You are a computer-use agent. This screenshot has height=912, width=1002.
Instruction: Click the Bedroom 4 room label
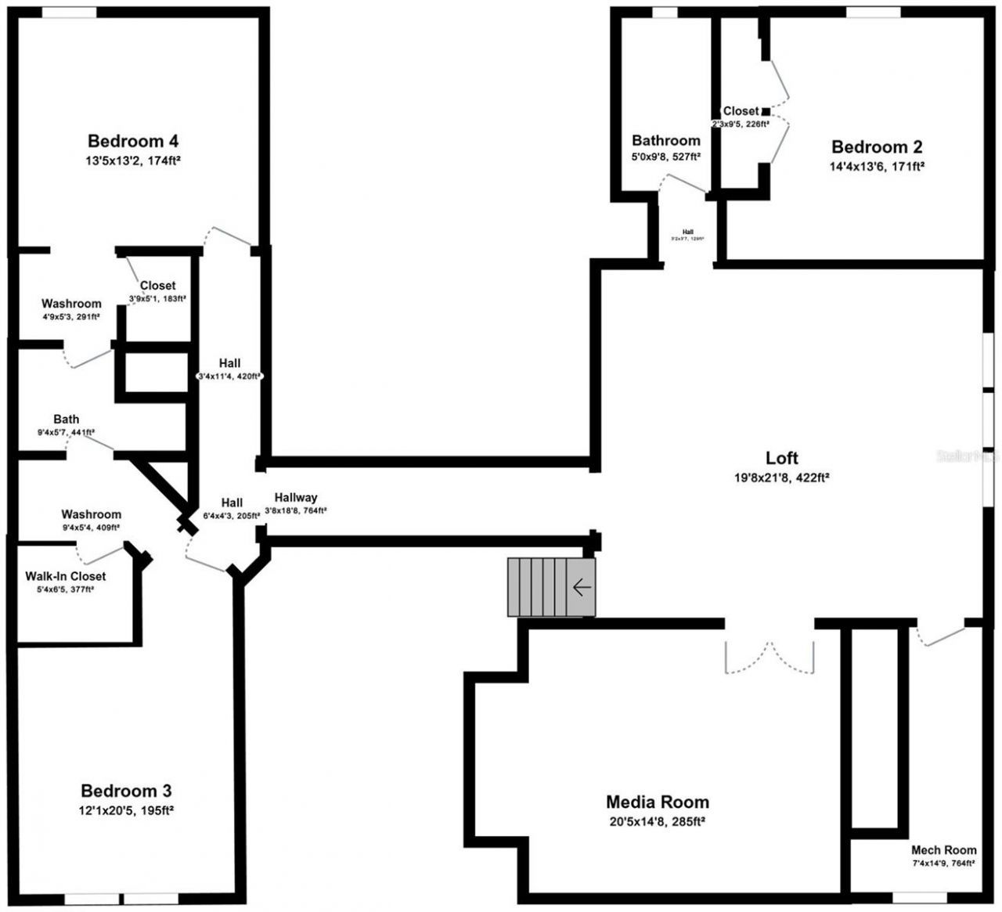point(133,142)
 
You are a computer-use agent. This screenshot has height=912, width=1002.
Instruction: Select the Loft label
point(782,458)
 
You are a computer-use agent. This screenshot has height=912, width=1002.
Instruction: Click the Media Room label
point(658,802)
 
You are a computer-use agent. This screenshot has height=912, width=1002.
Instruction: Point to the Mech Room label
point(943,850)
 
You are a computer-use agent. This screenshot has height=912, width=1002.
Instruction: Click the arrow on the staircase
point(581,587)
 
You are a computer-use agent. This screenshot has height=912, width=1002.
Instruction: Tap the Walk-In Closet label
point(65,576)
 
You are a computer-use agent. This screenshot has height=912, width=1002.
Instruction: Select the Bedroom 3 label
point(126,791)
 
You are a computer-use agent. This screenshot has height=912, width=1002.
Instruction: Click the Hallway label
point(296,498)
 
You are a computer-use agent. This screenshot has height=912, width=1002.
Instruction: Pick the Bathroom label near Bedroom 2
point(666,141)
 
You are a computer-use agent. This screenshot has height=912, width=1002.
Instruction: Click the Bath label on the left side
point(67,420)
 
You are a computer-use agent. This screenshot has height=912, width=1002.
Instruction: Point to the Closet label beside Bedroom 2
point(741,111)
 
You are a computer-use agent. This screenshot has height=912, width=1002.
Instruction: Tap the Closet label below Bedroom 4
point(157,286)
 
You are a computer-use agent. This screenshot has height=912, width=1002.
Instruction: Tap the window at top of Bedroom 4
point(69,13)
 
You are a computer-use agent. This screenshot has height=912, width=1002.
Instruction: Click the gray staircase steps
point(540,587)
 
